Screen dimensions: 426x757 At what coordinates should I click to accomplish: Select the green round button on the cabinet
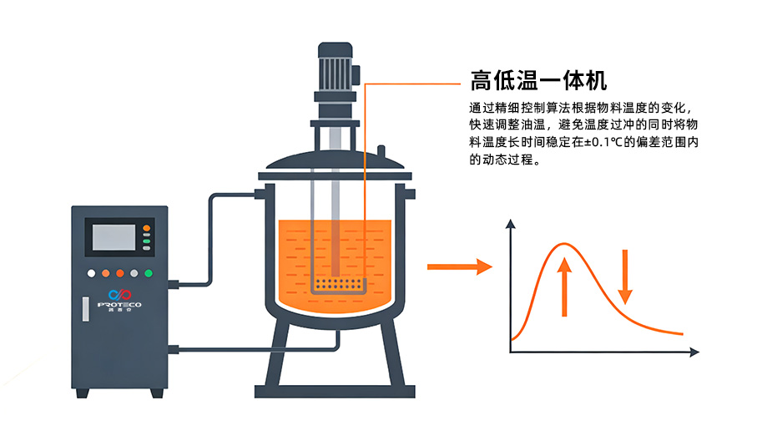click(148, 272)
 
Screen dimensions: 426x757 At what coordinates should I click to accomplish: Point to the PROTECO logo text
click(119, 305)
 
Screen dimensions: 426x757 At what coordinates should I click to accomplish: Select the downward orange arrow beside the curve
click(625, 274)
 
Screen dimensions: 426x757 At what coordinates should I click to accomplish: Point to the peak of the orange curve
click(563, 244)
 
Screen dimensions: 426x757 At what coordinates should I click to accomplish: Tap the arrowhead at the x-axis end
click(694, 354)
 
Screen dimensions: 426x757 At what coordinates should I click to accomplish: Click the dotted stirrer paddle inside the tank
click(338, 286)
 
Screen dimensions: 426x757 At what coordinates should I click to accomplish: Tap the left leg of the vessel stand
click(274, 359)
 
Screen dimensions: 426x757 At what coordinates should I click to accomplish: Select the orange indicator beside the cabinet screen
click(147, 227)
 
